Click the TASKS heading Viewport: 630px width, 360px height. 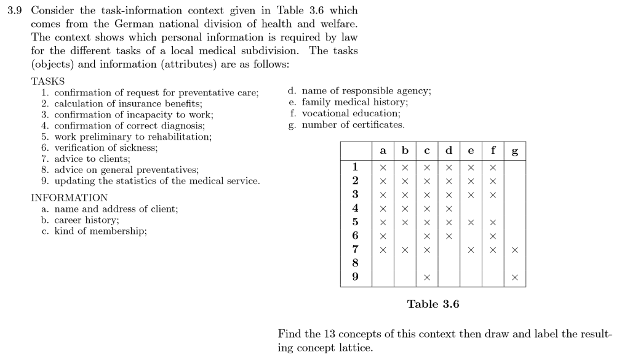coord(47,81)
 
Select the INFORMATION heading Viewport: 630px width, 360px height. coord(69,198)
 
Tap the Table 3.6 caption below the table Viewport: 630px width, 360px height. coord(433,304)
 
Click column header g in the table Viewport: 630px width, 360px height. coord(514,151)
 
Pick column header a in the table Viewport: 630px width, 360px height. coord(383,151)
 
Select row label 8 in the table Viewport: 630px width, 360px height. coord(355,263)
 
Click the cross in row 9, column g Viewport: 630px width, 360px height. coord(514,278)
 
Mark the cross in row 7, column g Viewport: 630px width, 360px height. coord(514,250)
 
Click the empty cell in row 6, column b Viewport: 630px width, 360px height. coord(405,236)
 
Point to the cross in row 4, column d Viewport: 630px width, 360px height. coord(449,209)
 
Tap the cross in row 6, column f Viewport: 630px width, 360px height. coord(493,236)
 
